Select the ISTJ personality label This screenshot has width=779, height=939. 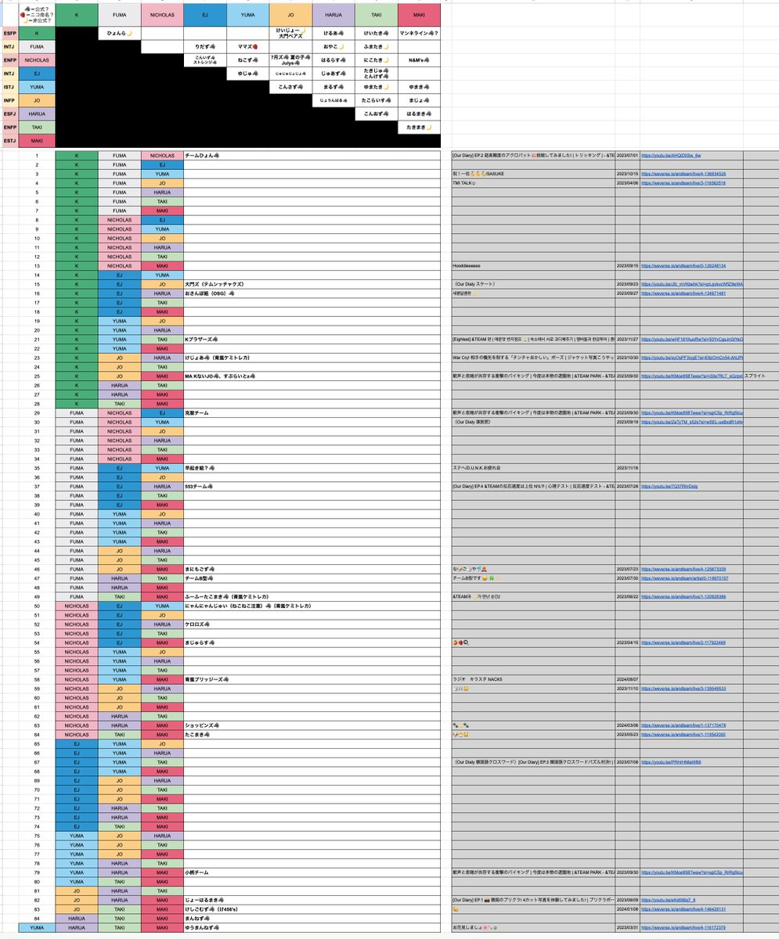(10, 88)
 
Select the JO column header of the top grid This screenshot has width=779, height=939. (290, 13)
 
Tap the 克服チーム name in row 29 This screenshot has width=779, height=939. (198, 412)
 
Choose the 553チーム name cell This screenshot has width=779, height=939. (200, 486)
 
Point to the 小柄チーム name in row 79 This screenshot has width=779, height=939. (197, 872)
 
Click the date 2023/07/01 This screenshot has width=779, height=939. (628, 156)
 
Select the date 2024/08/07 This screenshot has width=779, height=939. (628, 679)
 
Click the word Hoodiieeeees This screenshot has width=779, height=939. (470, 266)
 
